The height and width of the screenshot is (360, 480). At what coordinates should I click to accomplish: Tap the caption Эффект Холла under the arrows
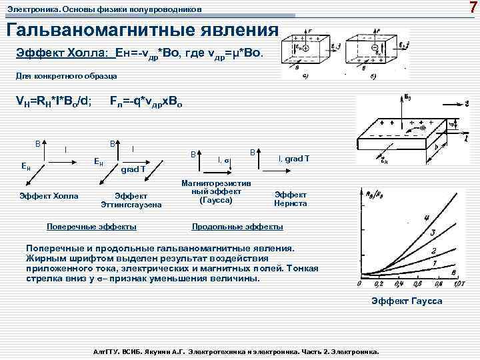pyautogui.click(x=49, y=196)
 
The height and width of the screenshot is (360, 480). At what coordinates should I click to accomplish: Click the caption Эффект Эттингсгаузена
pyautogui.click(x=132, y=201)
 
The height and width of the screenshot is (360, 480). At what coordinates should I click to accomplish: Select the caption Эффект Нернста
pyautogui.click(x=291, y=199)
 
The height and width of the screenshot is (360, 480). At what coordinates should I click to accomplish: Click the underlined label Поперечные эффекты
pyautogui.click(x=93, y=227)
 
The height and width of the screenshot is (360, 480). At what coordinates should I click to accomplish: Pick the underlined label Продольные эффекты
pyautogui.click(x=237, y=227)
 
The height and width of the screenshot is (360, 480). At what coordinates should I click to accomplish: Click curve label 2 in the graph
pyautogui.click(x=433, y=251)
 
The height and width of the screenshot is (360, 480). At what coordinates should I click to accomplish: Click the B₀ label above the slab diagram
pyautogui.click(x=407, y=99)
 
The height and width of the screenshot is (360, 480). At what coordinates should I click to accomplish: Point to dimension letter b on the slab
pyautogui.click(x=436, y=148)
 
